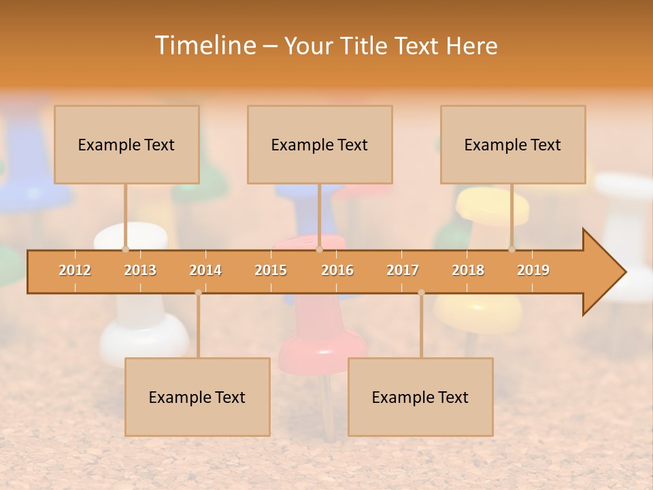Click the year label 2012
(75, 270)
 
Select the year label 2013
(140, 270)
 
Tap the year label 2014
(205, 270)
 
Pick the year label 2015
(271, 270)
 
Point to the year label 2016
(337, 270)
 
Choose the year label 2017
(403, 270)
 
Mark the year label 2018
(468, 270)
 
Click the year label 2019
(533, 270)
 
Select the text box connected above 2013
(127, 144)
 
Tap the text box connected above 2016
(320, 144)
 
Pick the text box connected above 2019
(513, 144)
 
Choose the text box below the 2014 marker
(197, 397)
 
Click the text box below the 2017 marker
(420, 397)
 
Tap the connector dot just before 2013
(125, 249)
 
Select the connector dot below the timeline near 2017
(421, 293)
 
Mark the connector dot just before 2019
(512, 249)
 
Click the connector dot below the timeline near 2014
(198, 293)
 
